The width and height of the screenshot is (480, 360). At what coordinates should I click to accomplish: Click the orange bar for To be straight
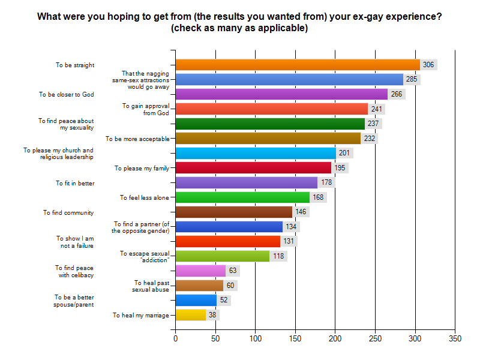298,65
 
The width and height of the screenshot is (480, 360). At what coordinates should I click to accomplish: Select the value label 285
412,79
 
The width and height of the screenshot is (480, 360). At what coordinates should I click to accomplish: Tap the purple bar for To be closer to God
281,94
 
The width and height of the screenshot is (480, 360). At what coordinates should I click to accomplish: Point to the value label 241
376,109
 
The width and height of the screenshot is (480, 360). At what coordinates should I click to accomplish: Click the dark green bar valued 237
270,124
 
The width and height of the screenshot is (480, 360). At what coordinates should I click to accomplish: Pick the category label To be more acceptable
137,138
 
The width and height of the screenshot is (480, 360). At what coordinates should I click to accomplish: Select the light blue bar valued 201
256,153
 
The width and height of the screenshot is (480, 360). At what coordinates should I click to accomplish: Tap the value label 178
326,182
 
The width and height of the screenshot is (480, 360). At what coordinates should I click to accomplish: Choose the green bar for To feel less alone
242,197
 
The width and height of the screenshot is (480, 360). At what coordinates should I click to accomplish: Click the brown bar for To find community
233,212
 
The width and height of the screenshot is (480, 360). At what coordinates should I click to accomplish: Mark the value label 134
292,227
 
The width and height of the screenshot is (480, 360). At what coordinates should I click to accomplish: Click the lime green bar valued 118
223,256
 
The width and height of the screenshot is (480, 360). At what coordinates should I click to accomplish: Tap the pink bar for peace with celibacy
200,271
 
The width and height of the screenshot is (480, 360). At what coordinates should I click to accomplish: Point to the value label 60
230,286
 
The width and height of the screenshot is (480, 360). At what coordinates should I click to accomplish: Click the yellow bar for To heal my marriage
191,314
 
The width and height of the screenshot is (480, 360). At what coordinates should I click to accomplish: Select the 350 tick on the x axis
455,339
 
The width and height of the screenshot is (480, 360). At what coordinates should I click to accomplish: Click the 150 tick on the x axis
295,339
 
